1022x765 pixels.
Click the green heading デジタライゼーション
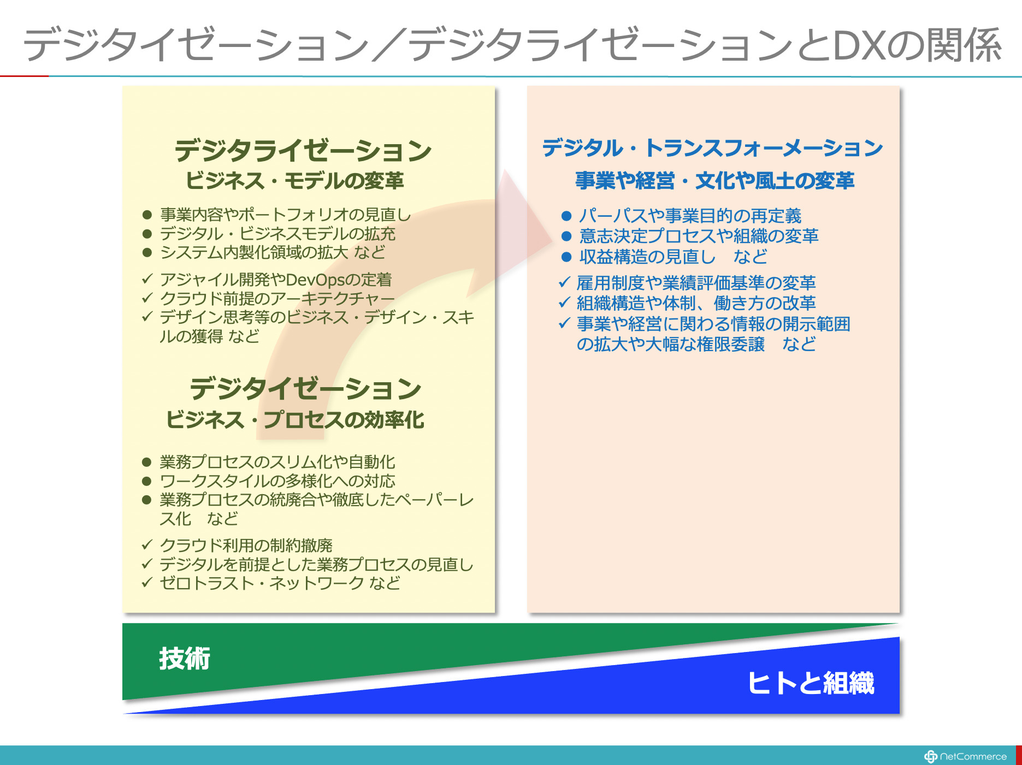tap(303, 151)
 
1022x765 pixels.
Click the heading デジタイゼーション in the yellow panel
tap(305, 389)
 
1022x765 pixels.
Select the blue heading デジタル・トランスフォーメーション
tap(712, 148)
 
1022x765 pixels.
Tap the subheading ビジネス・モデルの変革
tap(294, 181)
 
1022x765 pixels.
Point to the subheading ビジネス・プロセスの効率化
tap(295, 420)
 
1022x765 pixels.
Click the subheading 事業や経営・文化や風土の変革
tap(714, 181)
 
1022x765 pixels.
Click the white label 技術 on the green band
tap(185, 659)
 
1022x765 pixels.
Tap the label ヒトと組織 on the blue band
tap(811, 683)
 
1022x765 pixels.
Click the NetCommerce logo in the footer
tap(965, 756)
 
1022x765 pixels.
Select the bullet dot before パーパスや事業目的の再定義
tap(566, 216)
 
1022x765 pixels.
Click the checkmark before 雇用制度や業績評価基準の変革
tap(565, 282)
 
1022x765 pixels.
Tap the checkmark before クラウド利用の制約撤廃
tap(147, 544)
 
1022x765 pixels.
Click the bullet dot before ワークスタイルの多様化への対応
tap(146, 481)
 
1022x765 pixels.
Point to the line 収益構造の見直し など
tap(673, 257)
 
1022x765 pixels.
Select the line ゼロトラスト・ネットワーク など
tap(280, 583)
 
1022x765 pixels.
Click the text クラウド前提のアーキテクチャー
tap(277, 299)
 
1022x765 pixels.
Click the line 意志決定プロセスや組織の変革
tap(699, 236)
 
